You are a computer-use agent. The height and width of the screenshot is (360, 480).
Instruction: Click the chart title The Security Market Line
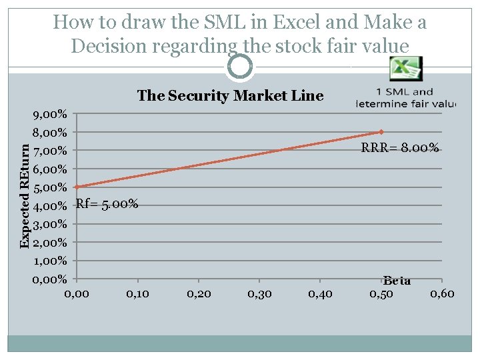230,96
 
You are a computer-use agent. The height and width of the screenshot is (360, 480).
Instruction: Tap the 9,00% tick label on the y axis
50,114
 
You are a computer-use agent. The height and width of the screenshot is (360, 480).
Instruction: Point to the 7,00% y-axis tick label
50,151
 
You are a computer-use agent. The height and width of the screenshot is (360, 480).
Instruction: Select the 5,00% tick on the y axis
50,187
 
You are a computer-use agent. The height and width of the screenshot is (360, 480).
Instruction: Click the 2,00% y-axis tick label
50,242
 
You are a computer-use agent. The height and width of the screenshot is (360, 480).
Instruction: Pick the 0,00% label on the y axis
50,279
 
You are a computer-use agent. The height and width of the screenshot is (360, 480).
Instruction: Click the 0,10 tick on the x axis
137,293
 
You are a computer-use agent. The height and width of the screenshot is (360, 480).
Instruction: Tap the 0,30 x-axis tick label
259,293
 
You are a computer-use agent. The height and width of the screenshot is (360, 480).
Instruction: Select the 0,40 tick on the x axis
321,293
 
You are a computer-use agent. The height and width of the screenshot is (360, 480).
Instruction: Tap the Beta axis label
397,281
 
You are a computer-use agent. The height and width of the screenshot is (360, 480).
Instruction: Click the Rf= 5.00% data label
107,204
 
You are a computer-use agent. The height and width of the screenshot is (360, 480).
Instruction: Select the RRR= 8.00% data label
400,149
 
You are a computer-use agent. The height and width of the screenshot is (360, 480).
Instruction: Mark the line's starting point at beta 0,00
77,187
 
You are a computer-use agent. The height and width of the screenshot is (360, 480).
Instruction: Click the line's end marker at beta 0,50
381,132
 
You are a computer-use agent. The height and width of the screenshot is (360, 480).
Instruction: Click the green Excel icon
405,69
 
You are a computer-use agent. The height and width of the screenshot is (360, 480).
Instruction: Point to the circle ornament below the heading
240,65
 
